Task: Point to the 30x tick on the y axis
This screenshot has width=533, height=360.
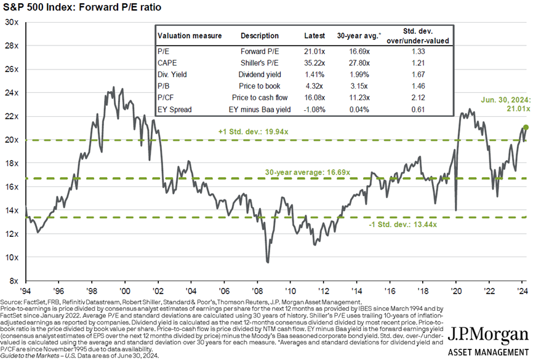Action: click(x=12, y=22)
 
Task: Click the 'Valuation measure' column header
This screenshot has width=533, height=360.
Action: click(x=189, y=36)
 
